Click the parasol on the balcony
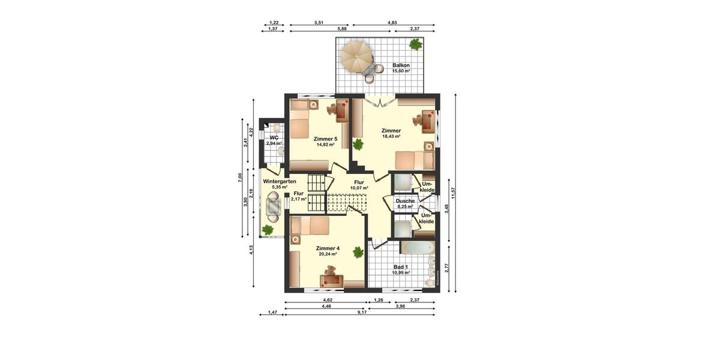pos(356,56)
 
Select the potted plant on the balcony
pos(415,44)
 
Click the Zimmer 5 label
pos(325,139)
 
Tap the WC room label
pos(274,137)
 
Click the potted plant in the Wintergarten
pos(268,229)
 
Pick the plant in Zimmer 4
pos(358,252)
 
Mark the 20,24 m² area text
pos(328,254)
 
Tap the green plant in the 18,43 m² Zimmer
pos(358,144)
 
